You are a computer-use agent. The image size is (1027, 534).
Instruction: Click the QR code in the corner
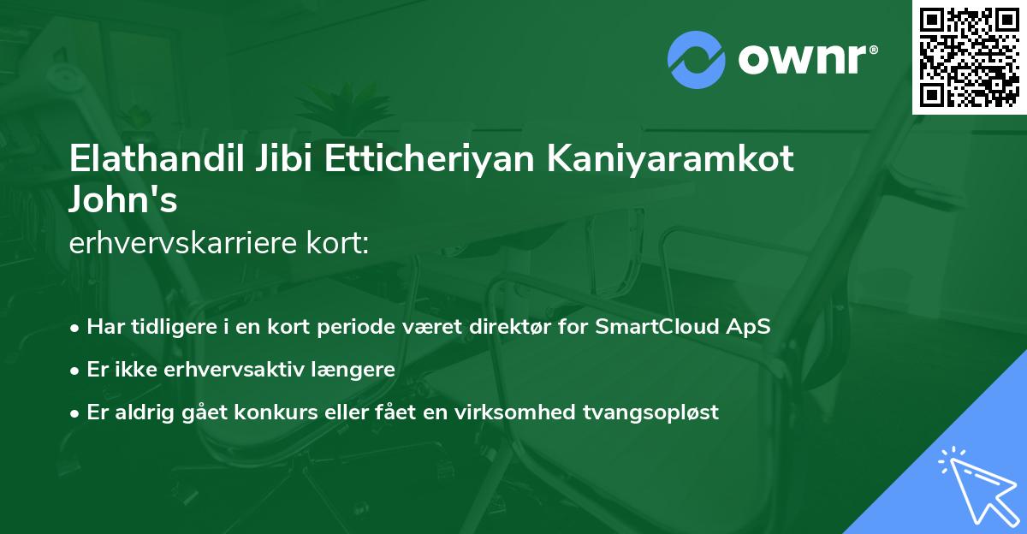pos(970,57)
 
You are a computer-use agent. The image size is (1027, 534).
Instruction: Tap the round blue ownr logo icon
pos(697,60)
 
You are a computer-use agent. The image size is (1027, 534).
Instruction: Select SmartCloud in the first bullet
pos(670,328)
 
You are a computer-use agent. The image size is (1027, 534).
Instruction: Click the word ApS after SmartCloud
pos(752,328)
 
